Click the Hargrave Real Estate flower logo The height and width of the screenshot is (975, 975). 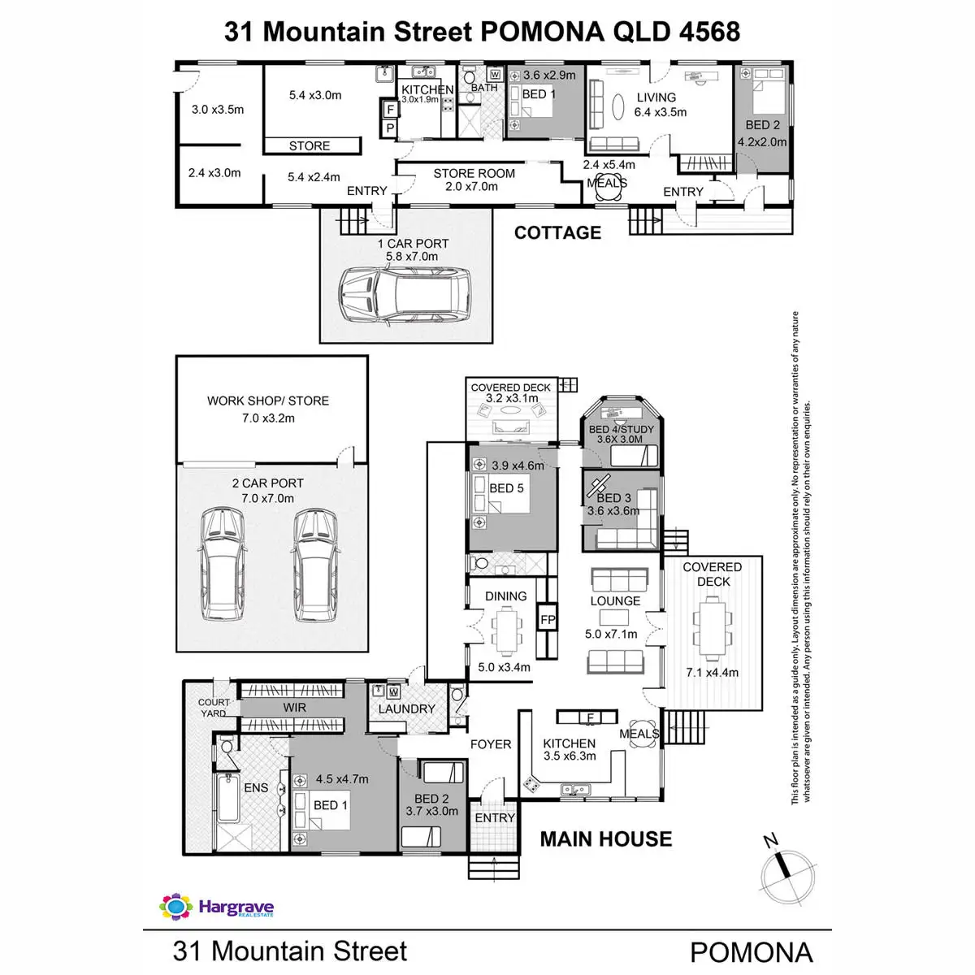click(175, 907)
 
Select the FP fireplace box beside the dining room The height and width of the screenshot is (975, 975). click(548, 620)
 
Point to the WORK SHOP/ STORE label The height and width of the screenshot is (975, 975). click(268, 401)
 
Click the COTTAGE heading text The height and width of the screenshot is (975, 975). click(557, 232)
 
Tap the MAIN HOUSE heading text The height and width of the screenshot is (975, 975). click(606, 839)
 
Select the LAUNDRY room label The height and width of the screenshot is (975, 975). click(406, 708)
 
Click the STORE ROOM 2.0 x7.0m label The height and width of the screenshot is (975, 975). click(474, 180)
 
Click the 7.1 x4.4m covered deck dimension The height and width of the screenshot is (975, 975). click(713, 672)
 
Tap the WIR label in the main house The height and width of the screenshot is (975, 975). click(294, 708)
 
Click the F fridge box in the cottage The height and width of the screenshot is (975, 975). click(390, 109)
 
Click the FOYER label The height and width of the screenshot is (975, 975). click(490, 744)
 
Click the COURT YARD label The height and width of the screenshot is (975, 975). click(214, 708)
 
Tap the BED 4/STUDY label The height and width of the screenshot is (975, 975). click(621, 429)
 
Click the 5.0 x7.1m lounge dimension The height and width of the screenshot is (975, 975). click(611, 634)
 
